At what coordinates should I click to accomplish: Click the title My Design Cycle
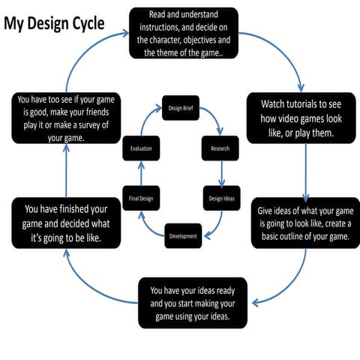55,23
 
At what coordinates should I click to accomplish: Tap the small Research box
220,148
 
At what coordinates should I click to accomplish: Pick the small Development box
182,235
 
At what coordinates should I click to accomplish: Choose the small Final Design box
140,198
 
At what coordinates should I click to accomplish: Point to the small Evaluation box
140,148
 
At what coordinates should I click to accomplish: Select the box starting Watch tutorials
301,118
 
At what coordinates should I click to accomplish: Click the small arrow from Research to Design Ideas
222,174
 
